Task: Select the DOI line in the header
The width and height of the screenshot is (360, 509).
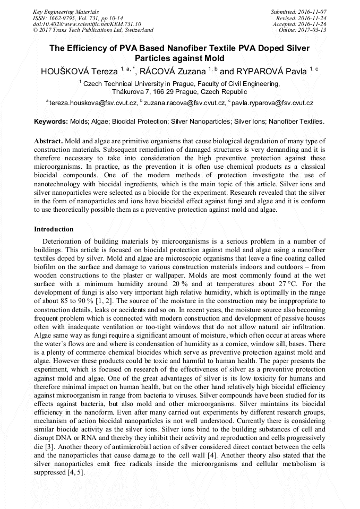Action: click(87, 24)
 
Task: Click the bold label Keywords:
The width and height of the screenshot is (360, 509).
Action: click(51, 122)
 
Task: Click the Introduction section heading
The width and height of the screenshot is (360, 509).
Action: click(54, 229)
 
